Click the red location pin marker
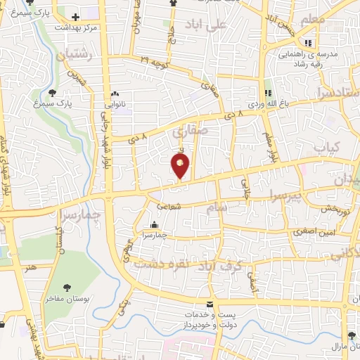[x=181, y=165]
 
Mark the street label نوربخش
[x=337, y=209]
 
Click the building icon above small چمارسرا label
[x=154, y=226]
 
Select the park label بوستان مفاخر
[x=67, y=299]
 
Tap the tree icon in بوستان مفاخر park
[x=67, y=287]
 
